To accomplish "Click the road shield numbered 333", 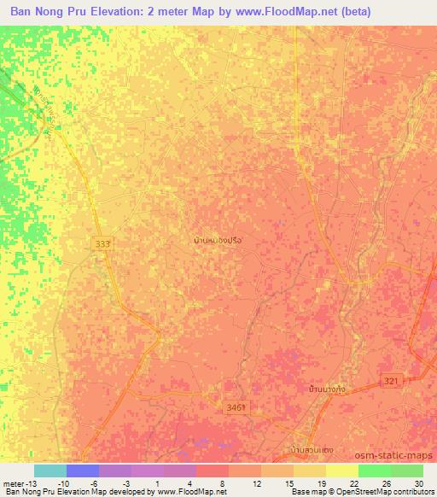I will point(102,244).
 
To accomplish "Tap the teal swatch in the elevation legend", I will point(50,471).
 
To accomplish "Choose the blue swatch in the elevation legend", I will point(83,471).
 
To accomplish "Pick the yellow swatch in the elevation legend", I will point(341,471).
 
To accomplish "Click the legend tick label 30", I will point(417,483).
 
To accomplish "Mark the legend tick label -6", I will point(95,483).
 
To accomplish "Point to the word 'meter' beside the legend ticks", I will point(12,483).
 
